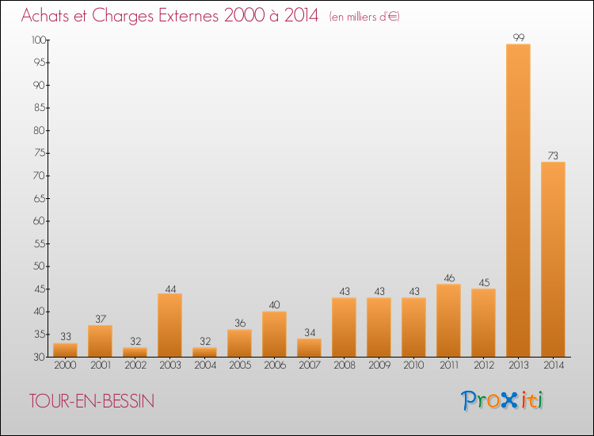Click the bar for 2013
click(x=518, y=200)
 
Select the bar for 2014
click(x=553, y=259)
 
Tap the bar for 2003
click(x=169, y=325)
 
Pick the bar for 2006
click(x=274, y=334)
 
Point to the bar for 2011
click(x=448, y=320)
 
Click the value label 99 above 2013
click(x=518, y=37)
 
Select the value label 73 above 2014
click(x=553, y=155)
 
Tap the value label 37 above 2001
click(x=100, y=319)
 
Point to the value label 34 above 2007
click(x=309, y=332)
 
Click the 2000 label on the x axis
click(x=65, y=365)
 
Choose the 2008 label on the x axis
click(x=344, y=365)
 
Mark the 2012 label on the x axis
click(x=483, y=365)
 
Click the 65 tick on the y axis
click(x=39, y=198)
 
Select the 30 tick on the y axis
click(x=39, y=357)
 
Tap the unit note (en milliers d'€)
click(x=364, y=17)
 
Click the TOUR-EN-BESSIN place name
click(x=92, y=401)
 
